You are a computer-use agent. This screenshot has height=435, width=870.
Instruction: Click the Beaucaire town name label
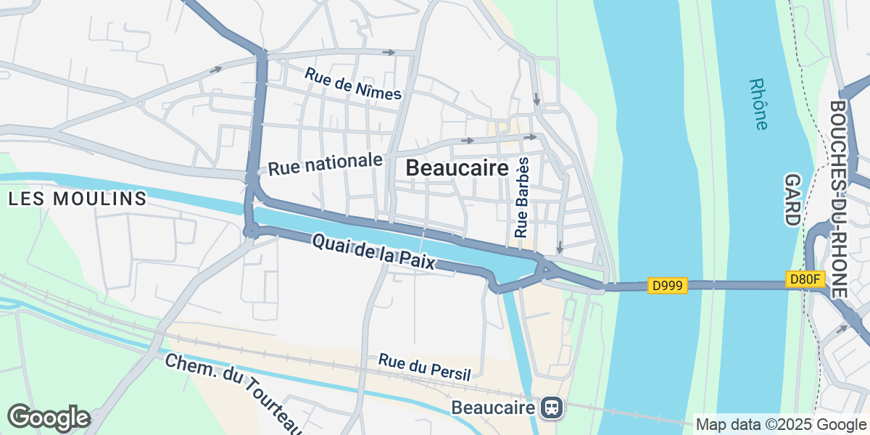[457, 168]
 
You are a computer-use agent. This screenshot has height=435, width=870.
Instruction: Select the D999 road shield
[667, 286]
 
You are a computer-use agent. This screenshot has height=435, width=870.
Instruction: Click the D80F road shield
[805, 278]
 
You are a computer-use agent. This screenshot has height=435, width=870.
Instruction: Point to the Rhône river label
[758, 104]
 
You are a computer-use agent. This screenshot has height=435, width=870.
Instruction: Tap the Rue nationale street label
[325, 164]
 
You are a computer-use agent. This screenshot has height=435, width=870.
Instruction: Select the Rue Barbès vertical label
[522, 196]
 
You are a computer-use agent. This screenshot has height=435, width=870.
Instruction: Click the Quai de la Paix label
[373, 252]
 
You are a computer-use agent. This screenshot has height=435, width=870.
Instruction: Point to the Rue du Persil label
[424, 368]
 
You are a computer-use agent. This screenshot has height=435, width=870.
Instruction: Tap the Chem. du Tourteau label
[232, 391]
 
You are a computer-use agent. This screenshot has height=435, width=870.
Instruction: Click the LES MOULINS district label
[78, 199]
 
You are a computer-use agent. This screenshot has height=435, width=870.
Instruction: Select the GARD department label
[792, 200]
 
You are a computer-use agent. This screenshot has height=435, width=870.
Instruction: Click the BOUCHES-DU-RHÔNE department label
[838, 198]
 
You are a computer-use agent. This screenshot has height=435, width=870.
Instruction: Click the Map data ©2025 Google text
[780, 424]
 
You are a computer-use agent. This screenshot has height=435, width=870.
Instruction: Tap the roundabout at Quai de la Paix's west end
[252, 231]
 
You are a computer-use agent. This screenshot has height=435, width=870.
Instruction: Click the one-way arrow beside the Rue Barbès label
[559, 247]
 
